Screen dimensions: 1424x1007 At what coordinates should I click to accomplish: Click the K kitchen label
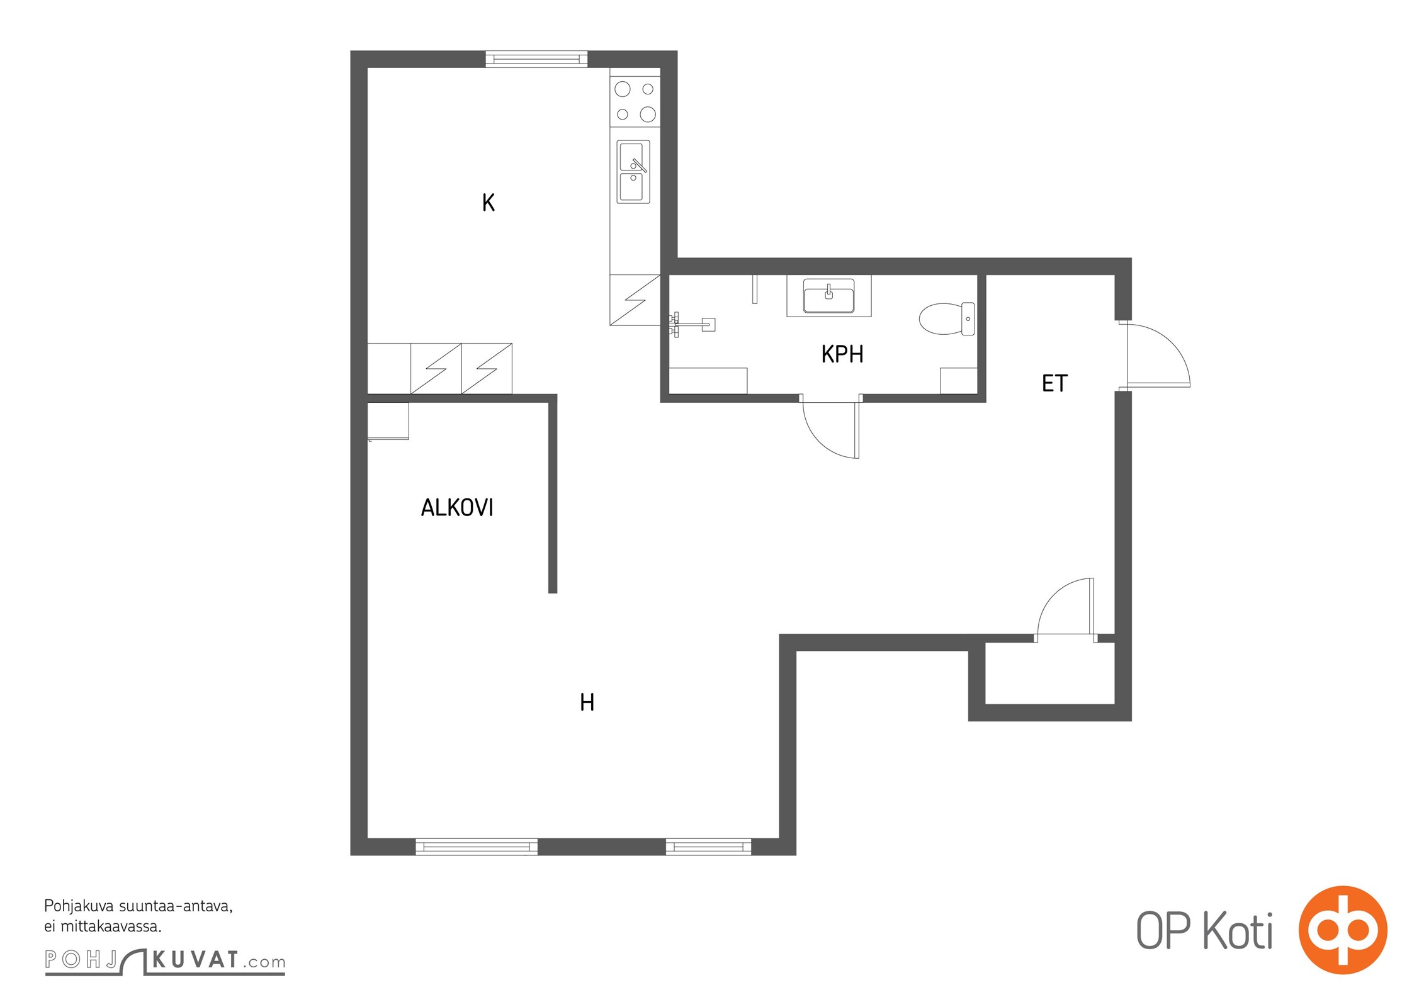[x=489, y=203]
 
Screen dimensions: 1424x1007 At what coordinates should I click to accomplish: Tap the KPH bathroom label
[x=842, y=354]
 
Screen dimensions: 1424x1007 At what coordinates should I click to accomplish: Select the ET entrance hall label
[x=1055, y=383]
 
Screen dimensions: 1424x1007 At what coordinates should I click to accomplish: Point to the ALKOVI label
[x=457, y=507]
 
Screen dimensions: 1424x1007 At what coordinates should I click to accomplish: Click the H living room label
[x=587, y=702]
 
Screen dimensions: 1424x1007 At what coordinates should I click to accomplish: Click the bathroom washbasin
[x=829, y=296]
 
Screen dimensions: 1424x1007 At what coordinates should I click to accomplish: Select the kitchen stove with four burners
[x=635, y=101]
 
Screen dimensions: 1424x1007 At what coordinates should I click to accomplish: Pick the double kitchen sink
[x=633, y=171]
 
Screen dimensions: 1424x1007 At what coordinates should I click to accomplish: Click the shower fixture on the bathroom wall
[x=691, y=324]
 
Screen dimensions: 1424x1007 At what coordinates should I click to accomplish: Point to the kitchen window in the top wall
[x=536, y=59]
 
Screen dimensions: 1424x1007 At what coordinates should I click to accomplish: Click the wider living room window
[x=477, y=847]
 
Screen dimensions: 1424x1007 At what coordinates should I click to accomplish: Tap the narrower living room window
[x=708, y=847]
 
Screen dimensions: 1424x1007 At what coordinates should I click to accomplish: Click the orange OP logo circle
[x=1343, y=930]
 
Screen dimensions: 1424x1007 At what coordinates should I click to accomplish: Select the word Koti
[x=1238, y=930]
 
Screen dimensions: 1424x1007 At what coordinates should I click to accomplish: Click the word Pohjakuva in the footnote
[x=79, y=907]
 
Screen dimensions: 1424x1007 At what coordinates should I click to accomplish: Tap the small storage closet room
[x=1049, y=673]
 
